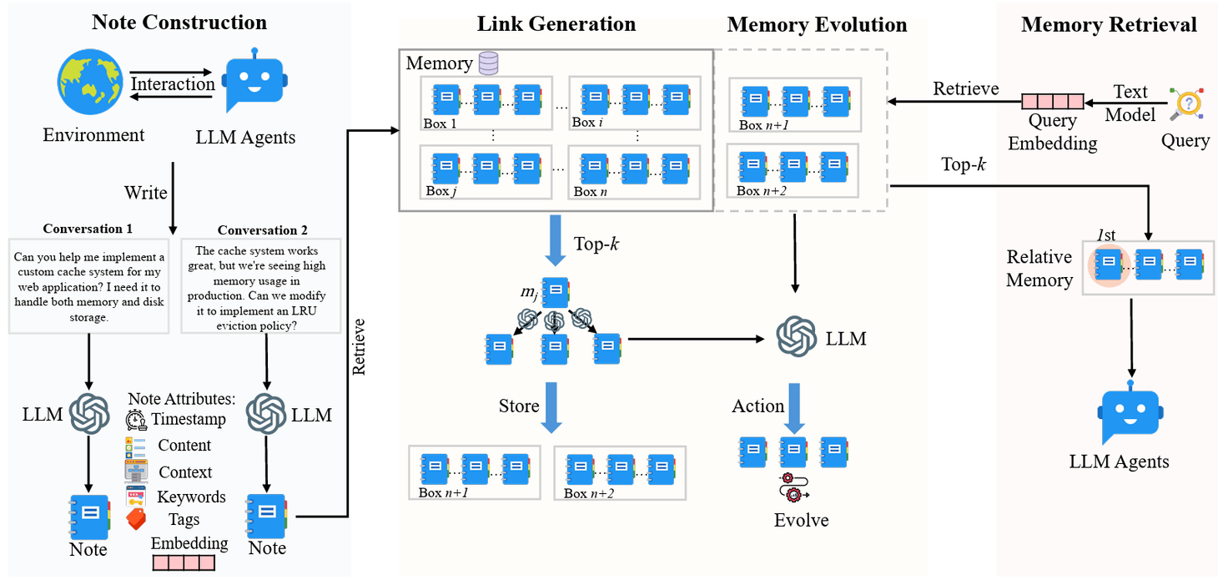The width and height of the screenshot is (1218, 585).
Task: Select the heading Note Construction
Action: [x=179, y=23]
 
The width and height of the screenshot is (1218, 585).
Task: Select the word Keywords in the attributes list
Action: [x=191, y=497]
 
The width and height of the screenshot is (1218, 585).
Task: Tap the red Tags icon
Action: [x=135, y=519]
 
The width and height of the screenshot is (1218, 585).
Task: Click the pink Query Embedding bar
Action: [x=1053, y=102]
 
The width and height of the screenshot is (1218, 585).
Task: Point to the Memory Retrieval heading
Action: [x=1109, y=25]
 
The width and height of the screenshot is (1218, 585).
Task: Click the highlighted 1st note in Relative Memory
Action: [x=1109, y=264]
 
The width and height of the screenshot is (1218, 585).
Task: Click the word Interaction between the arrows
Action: [x=173, y=83]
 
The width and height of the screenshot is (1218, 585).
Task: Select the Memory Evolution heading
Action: [x=817, y=25]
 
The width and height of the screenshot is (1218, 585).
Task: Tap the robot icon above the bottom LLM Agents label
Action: [x=1130, y=415]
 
